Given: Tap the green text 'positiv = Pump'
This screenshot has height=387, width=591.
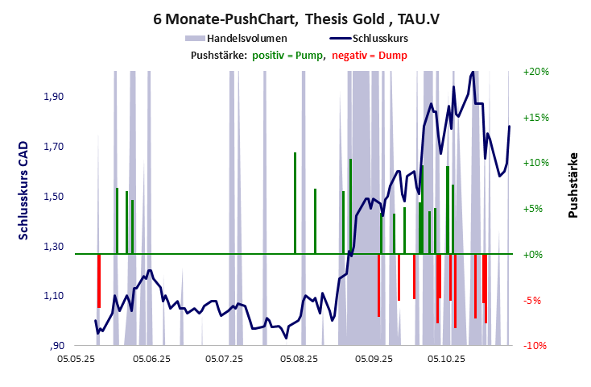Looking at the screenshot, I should tap(288, 55).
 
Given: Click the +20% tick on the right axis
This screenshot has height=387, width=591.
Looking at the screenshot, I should tap(535, 71).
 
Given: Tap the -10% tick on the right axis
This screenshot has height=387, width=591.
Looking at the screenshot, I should tap(535, 346).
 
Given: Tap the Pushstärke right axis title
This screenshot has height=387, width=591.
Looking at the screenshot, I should tap(573, 185).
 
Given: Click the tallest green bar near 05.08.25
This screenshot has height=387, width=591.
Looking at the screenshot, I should tap(295, 202).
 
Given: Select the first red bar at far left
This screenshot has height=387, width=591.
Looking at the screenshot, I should tap(99, 281).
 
